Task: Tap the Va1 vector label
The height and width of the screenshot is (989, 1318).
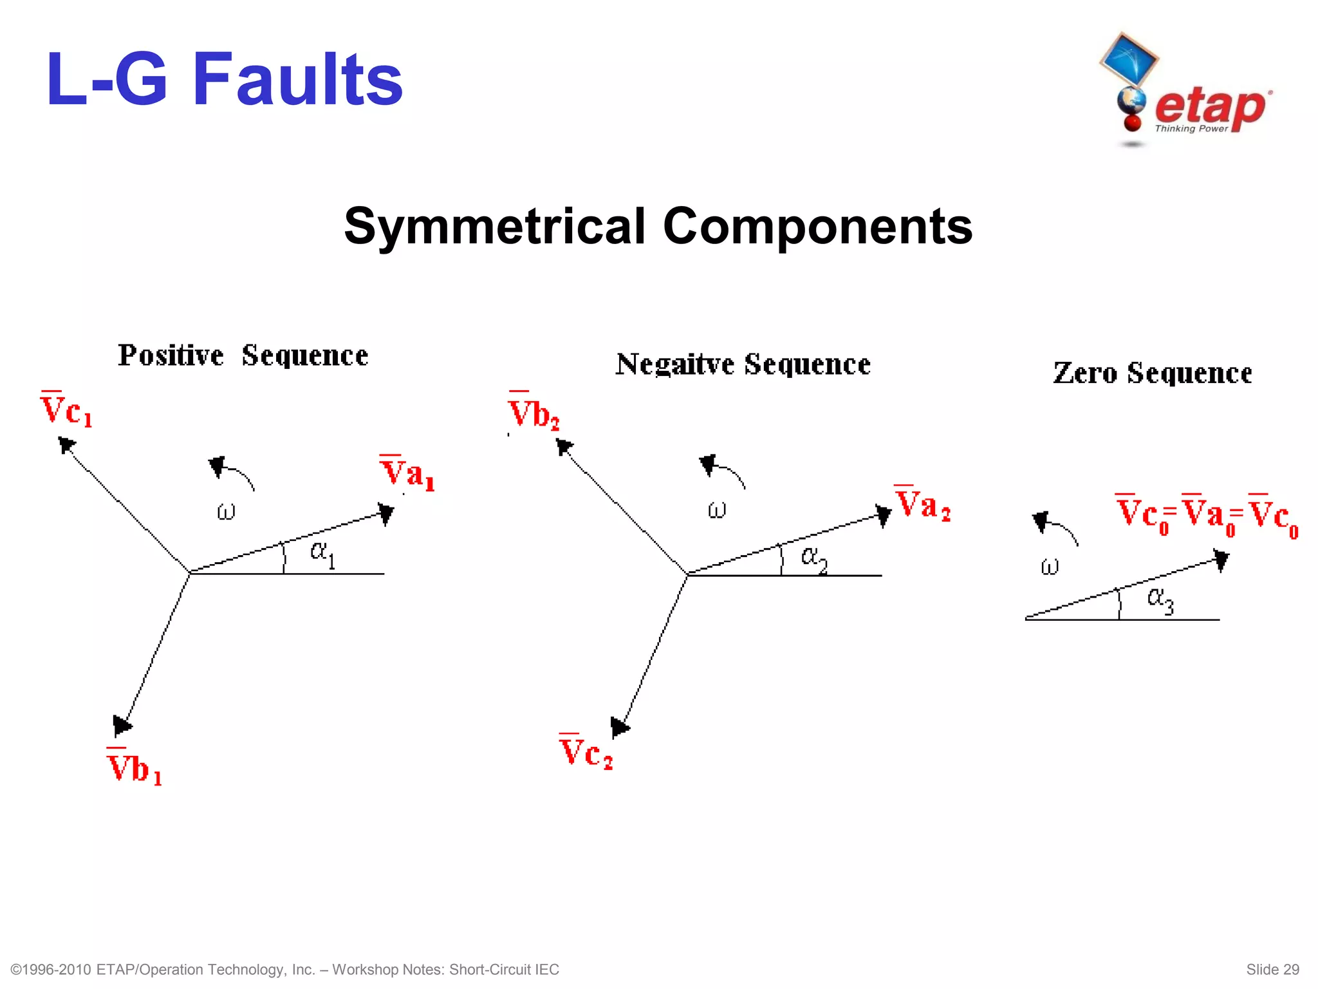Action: [x=407, y=473]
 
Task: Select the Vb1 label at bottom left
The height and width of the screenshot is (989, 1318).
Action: [x=134, y=768]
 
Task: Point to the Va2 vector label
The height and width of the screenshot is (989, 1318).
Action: [x=922, y=504]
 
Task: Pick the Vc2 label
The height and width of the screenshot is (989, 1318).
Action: [x=586, y=752]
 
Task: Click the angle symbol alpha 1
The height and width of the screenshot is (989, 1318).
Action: [x=322, y=552]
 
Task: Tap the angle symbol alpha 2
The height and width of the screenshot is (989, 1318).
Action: [x=813, y=557]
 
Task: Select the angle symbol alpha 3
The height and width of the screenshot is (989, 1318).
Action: [x=1160, y=599]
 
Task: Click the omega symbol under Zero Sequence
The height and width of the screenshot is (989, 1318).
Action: [x=1049, y=567]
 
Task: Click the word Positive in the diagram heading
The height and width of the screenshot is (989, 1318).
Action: [x=171, y=355]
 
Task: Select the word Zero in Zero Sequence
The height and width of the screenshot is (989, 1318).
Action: [x=1084, y=373]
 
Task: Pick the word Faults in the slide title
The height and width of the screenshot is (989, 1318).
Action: [x=297, y=80]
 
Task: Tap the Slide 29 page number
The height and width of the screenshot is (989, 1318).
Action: [x=1272, y=970]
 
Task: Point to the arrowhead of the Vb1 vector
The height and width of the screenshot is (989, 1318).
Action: [x=121, y=726]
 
